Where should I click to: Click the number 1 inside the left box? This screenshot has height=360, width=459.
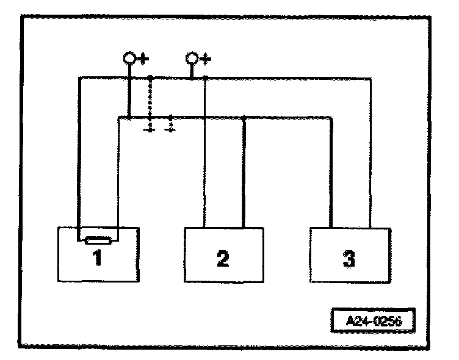97,259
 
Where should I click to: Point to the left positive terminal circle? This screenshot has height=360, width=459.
129,59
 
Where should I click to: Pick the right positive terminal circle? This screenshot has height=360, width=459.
192,59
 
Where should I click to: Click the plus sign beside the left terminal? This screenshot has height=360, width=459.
142,59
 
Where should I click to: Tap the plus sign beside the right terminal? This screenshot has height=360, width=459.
205,59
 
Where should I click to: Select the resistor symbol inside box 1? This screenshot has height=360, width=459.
97,240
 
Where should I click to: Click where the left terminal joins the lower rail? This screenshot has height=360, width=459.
129,117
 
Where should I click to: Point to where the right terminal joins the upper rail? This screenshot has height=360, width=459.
192,77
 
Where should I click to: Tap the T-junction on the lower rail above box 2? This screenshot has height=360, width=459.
244,117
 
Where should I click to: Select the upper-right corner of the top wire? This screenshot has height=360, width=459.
370,77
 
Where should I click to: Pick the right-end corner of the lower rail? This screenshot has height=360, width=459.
331,117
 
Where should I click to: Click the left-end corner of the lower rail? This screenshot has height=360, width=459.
117,117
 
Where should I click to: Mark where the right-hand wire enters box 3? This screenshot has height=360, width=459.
370,228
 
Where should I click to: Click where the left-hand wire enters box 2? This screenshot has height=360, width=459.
204,228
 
